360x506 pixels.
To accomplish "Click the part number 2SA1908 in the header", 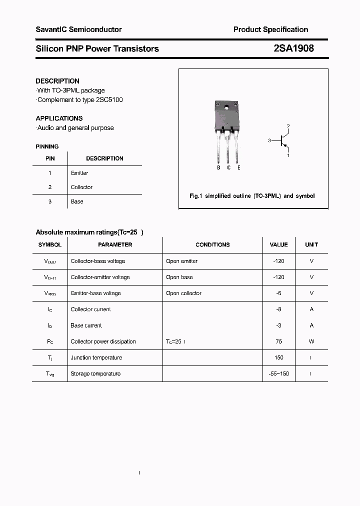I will pyautogui.click(x=294, y=48).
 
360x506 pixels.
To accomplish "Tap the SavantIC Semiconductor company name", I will pyautogui.click(x=78, y=29).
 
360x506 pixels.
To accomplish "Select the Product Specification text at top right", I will pyautogui.click(x=270, y=29).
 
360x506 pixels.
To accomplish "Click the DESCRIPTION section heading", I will pyautogui.click(x=57, y=81).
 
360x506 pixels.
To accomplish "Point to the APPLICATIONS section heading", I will pyautogui.click(x=59, y=118).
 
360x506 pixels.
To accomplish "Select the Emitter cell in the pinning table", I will pyautogui.click(x=79, y=173).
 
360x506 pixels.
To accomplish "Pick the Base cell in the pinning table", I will pyautogui.click(x=77, y=201).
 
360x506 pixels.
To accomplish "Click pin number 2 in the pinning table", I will pyautogui.click(x=50, y=187).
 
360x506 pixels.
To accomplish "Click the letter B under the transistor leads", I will pyautogui.click(x=218, y=168).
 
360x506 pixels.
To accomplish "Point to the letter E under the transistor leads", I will pyautogui.click(x=239, y=168).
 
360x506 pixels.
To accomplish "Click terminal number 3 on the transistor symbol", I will pyautogui.click(x=269, y=141).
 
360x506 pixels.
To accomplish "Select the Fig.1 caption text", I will pyautogui.click(x=252, y=196).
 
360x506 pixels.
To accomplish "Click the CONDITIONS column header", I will pyautogui.click(x=212, y=245).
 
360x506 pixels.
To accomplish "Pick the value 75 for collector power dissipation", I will pyautogui.click(x=278, y=341).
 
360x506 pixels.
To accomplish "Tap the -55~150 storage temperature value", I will pyautogui.click(x=278, y=374).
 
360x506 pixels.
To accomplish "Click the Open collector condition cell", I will pyautogui.click(x=183, y=293).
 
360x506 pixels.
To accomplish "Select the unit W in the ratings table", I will pyautogui.click(x=311, y=341).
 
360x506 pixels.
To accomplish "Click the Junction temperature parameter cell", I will pyautogui.click(x=96, y=357).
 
